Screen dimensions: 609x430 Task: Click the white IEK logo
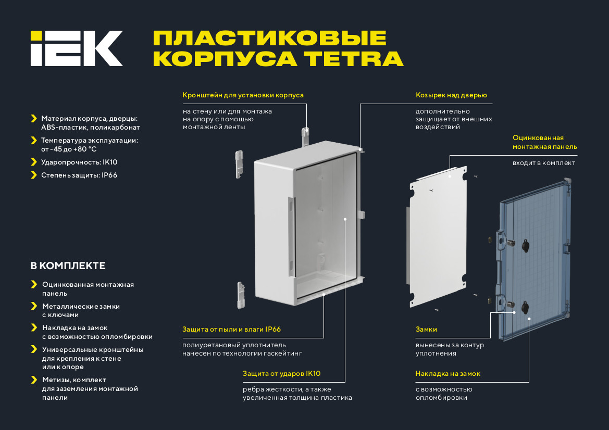pyautogui.click(x=77, y=48)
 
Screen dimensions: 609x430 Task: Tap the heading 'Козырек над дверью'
pyautogui.click(x=451, y=95)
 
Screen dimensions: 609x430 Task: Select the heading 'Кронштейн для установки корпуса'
pyautogui.click(x=243, y=95)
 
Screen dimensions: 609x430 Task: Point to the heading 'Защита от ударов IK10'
pyautogui.click(x=282, y=373)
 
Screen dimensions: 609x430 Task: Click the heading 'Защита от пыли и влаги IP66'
pyautogui.click(x=231, y=329)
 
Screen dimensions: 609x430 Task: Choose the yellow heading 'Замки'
pyautogui.click(x=426, y=329)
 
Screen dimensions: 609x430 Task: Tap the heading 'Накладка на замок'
pyautogui.click(x=448, y=373)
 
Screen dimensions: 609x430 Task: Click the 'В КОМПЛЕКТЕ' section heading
pyautogui.click(x=68, y=266)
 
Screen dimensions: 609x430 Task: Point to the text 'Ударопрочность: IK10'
pyautogui.click(x=79, y=162)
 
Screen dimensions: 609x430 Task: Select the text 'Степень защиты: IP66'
pyautogui.click(x=79, y=175)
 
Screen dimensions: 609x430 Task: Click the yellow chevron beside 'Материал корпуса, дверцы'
pyautogui.click(x=34, y=118)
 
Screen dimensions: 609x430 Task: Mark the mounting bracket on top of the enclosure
pyautogui.click(x=306, y=136)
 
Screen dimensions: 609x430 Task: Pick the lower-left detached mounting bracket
pyautogui.click(x=241, y=295)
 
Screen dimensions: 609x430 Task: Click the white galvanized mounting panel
pyautogui.click(x=438, y=237)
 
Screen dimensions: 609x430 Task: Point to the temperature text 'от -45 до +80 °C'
pyautogui.click(x=69, y=149)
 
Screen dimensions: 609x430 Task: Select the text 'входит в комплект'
pyautogui.click(x=544, y=163)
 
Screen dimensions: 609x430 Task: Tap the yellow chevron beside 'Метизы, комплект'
pyautogui.click(x=34, y=380)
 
